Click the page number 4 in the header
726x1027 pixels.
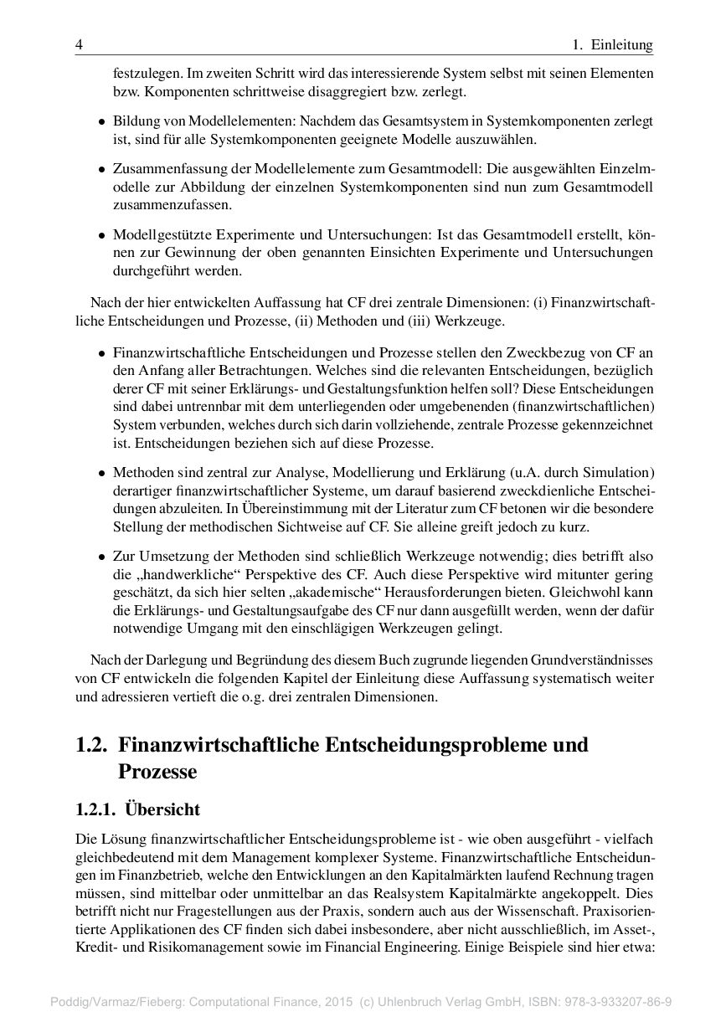(78, 44)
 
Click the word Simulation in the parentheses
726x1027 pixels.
(618, 471)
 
